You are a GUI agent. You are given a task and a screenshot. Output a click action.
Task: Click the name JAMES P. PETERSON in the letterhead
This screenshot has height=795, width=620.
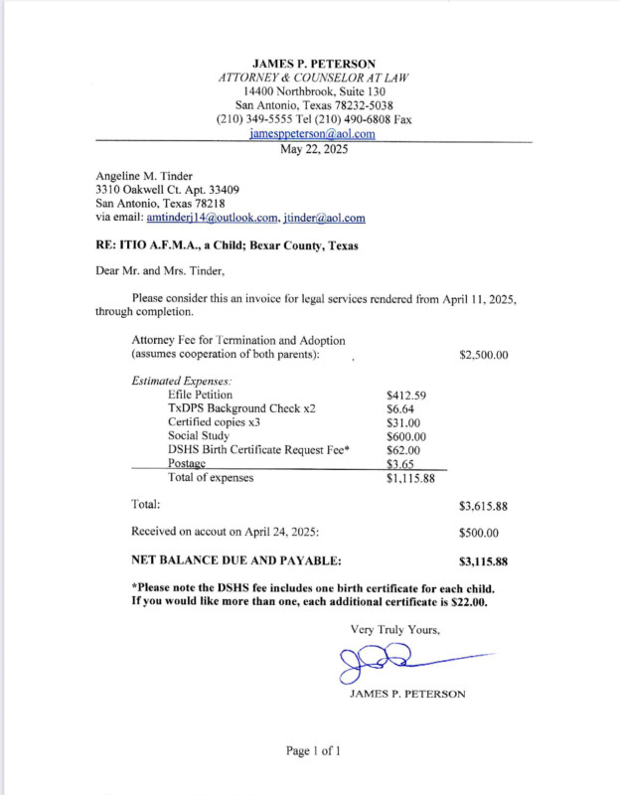coord(313,64)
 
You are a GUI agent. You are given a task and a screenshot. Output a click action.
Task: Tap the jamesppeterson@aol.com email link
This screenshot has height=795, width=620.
coord(312,133)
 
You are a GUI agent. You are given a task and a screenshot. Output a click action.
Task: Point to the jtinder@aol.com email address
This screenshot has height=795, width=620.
coord(324,218)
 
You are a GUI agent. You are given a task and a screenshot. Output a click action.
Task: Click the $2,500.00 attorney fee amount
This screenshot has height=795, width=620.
coord(484,354)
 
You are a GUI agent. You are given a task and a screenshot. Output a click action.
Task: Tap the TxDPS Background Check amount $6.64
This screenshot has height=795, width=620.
coord(399,408)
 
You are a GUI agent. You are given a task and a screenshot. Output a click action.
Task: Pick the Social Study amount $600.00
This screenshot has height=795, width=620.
coord(405,436)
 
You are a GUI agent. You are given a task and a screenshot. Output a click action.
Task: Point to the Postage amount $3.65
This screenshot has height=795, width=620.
coord(399,464)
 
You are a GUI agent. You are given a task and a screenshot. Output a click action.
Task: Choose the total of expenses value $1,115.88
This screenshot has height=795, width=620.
coord(410,478)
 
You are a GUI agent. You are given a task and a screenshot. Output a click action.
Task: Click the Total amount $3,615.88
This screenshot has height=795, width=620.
coord(484,506)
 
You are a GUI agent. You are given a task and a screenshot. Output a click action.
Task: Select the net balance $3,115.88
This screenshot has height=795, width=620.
coord(484,561)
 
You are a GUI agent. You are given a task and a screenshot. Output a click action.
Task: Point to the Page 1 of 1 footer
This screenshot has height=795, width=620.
coord(313,751)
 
